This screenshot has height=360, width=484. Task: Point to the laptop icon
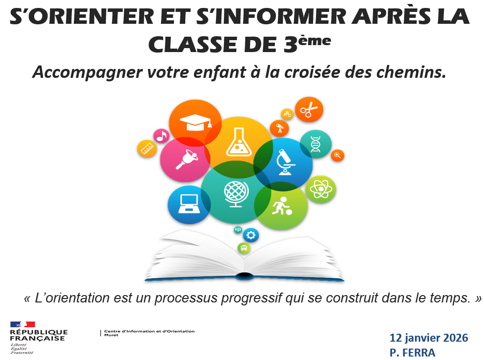[189, 204]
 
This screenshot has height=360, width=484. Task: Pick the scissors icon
[309, 110]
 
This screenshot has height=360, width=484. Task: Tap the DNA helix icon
[316, 144]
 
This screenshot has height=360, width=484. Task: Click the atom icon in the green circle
[321, 189]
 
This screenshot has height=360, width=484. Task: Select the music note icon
[161, 136]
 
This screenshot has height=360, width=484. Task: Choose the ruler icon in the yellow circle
[147, 149]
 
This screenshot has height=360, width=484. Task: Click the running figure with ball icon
[281, 206]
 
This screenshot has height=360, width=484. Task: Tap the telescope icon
[280, 128]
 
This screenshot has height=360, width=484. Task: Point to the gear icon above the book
[251, 236]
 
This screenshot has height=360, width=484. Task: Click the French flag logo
[22, 324]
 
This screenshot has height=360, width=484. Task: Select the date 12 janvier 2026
[429, 338]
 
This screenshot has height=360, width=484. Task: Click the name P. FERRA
[412, 353]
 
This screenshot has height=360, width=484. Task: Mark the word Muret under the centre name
[111, 335]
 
